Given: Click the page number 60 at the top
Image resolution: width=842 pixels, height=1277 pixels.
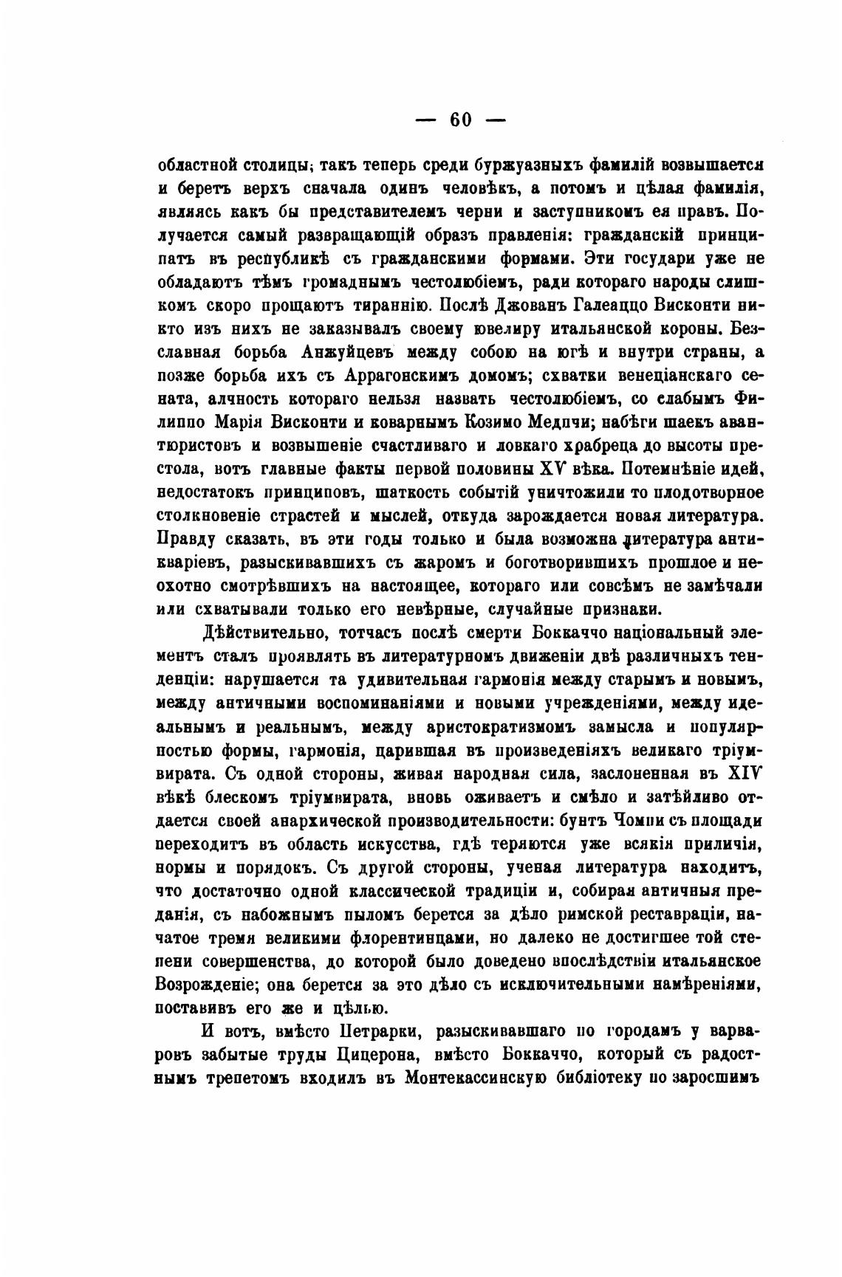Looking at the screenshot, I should tap(461, 120).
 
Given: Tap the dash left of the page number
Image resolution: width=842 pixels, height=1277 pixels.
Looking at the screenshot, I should tap(425, 121).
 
